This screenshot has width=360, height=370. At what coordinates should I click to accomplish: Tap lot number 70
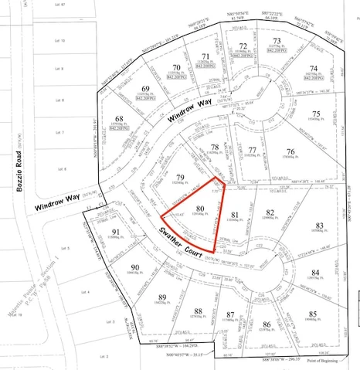[x=177, y=68]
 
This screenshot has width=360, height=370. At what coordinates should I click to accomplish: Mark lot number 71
[x=205, y=57]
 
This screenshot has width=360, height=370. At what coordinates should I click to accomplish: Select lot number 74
[x=314, y=68]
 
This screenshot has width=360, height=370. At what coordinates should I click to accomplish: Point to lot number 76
[x=290, y=151]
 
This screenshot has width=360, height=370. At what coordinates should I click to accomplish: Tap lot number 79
[x=180, y=176]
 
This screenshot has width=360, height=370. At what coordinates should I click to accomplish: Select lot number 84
[x=314, y=273]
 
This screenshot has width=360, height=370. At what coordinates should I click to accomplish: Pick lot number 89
[x=161, y=297]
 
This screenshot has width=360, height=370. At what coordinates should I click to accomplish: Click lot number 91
[x=115, y=232]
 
